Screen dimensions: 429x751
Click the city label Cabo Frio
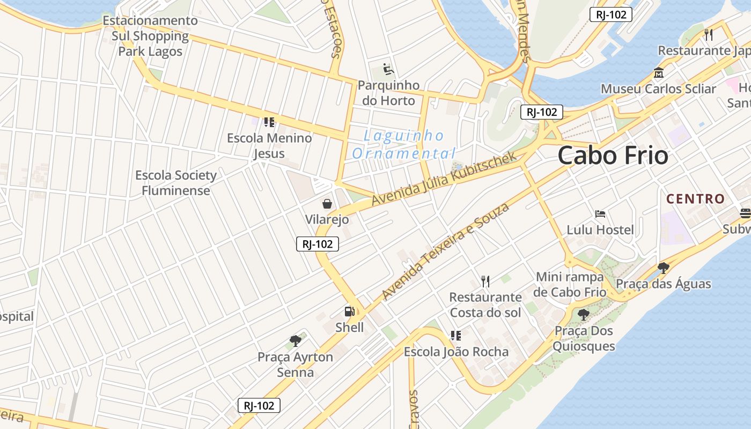pos(613,156)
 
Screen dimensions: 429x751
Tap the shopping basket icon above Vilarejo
pos(327,204)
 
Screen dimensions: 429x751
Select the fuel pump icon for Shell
pos(349,311)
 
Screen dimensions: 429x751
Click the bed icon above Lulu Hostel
pos(600,214)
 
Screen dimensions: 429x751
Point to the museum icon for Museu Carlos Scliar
pos(658,72)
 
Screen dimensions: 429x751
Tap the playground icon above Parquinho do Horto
pos(388,69)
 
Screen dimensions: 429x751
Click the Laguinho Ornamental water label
pos(404,144)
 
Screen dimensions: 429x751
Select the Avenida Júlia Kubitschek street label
pos(444,177)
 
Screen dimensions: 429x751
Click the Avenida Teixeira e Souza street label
pos(445,251)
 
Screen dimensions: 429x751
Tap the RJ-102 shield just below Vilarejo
pos(318,244)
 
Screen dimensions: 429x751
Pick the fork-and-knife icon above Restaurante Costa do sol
pos(485,281)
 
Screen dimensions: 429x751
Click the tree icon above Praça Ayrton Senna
pos(295,341)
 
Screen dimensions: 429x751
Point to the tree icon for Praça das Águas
pos(664,268)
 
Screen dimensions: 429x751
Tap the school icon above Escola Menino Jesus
pos(269,122)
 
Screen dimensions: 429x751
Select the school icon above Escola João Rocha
pos(456,336)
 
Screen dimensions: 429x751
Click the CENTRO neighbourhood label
pos(695,199)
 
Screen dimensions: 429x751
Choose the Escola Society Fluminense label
pos(176,183)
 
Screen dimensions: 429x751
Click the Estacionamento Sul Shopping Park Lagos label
pos(150,36)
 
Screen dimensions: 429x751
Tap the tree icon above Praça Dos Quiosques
pos(584,315)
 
